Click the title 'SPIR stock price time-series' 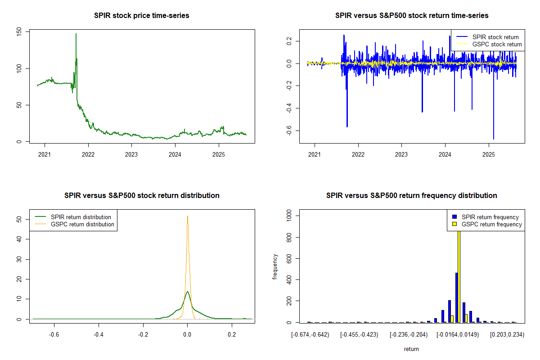142,16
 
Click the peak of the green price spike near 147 76,34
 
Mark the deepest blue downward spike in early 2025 494,139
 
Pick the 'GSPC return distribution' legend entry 82,224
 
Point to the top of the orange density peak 187,216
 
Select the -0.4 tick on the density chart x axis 99,335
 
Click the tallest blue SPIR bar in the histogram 456,297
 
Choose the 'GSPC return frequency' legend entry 492,224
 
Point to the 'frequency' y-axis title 275,267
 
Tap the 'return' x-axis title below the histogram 411,349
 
